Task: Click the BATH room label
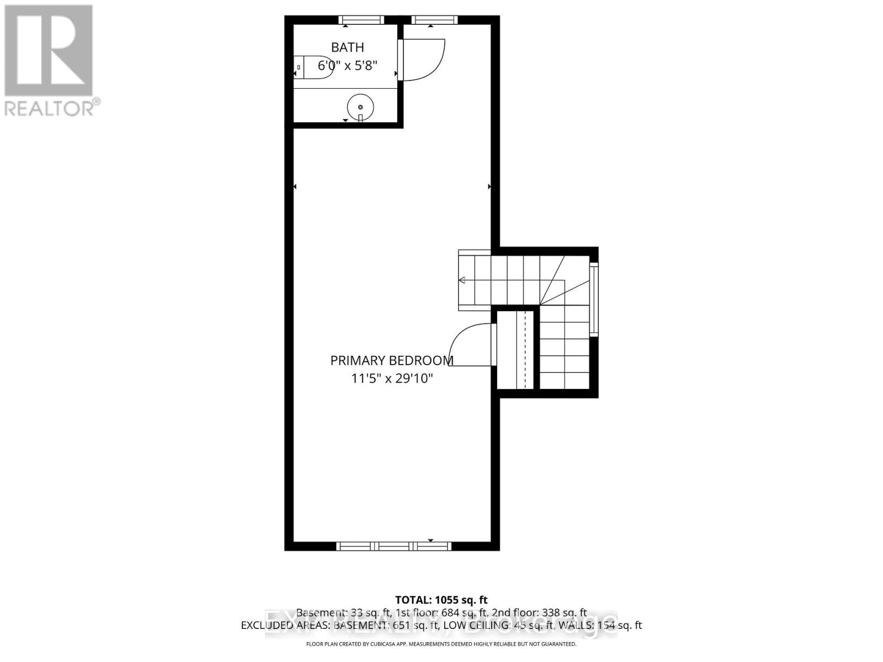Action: pos(347,47)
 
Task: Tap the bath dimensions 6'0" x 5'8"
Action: pos(347,66)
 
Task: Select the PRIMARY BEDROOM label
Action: pos(391,361)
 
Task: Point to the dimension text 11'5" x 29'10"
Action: pos(392,378)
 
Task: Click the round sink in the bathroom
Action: pos(360,106)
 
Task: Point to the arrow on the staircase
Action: pos(462,280)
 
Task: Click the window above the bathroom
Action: pos(362,20)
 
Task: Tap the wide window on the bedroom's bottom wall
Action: pos(393,546)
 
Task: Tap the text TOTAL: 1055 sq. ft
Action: pos(441,600)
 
